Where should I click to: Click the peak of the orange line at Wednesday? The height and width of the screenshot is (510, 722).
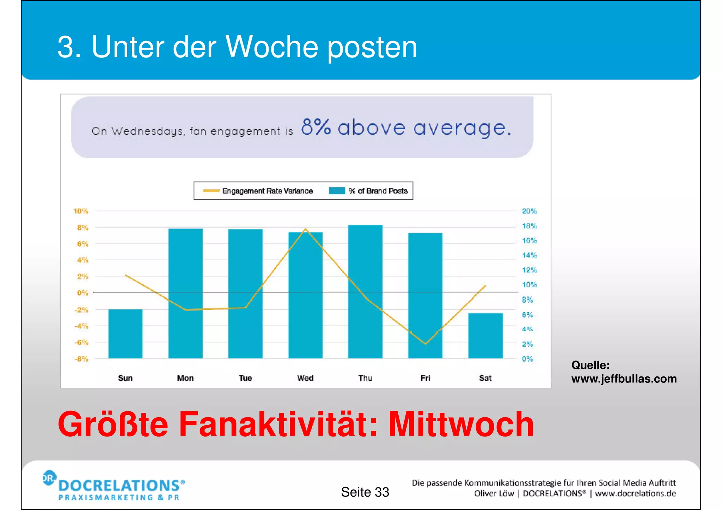(x=305, y=229)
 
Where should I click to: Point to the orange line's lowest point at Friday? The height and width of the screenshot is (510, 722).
(x=426, y=344)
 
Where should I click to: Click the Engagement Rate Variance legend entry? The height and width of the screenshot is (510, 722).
(x=267, y=191)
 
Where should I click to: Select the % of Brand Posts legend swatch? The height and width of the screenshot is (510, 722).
(x=337, y=191)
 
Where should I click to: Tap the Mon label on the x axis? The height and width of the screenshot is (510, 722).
(x=185, y=378)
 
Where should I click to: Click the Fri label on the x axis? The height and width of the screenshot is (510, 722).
(x=425, y=378)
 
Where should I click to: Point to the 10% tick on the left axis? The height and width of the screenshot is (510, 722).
(x=81, y=211)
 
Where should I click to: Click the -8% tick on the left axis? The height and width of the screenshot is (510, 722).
(x=81, y=359)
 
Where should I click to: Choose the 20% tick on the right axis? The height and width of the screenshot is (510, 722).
(x=529, y=211)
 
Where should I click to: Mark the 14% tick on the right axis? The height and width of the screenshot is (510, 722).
(x=529, y=255)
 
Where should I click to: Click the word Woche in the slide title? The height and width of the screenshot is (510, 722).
(x=271, y=47)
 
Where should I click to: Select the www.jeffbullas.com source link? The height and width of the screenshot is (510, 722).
(x=624, y=379)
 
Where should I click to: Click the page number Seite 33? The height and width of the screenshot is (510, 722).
(x=365, y=492)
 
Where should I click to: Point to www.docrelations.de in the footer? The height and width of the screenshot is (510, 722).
(x=635, y=493)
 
